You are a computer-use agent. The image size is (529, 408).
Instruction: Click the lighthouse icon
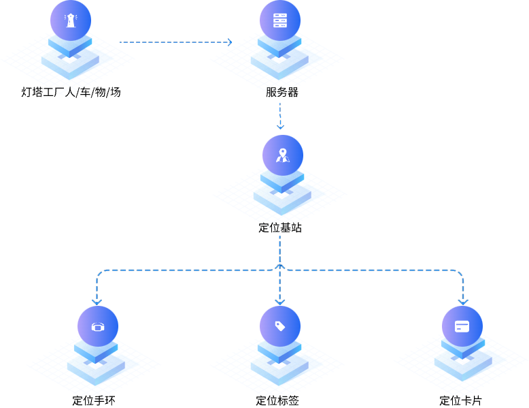(70, 20)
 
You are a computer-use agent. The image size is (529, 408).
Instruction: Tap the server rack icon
(280, 20)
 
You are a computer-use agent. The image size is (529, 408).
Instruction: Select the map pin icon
(282, 155)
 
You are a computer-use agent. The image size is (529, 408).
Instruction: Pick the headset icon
(97, 327)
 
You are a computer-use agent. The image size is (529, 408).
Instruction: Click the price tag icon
(280, 326)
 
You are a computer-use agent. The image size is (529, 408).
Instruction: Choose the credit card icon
(462, 326)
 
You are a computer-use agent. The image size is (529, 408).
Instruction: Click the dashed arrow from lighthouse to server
(175, 42)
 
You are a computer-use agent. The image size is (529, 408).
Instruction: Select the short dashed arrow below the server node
(280, 115)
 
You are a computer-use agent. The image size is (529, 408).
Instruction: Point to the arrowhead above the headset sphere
(97, 301)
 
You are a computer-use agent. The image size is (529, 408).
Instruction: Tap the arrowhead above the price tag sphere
(280, 301)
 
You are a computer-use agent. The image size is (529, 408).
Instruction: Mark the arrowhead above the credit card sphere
(463, 301)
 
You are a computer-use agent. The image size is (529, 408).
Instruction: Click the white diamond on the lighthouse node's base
(69, 60)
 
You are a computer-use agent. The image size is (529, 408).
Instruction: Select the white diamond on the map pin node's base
(282, 195)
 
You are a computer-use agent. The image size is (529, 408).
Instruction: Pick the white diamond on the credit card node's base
(462, 361)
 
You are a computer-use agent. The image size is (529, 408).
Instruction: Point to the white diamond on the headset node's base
(96, 366)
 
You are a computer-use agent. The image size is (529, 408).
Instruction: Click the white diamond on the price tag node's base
(279, 366)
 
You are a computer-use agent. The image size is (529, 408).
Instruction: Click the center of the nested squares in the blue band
(279, 268)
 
